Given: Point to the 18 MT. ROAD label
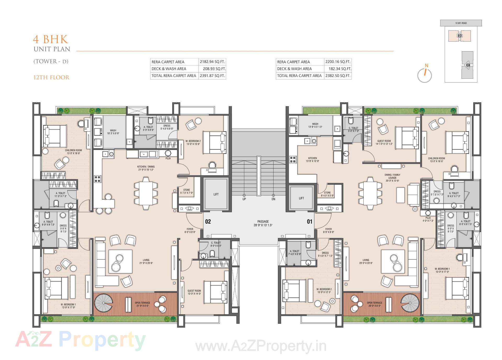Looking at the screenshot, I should [461, 23].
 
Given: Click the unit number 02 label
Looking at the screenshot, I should [208, 222].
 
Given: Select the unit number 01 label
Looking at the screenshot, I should [310, 222].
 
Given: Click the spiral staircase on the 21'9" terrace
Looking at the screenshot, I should [104, 303].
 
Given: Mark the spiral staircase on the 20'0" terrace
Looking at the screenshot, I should [410, 303].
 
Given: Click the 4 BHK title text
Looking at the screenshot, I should [50, 40].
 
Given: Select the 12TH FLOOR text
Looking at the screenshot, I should [51, 77].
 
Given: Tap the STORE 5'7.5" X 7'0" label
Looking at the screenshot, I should [186, 192].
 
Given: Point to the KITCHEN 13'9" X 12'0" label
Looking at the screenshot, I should [312, 160].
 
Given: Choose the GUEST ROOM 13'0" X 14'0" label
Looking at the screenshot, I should [194, 292].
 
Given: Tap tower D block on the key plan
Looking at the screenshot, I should [459, 36].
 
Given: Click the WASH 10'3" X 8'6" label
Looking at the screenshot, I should [113, 132].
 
